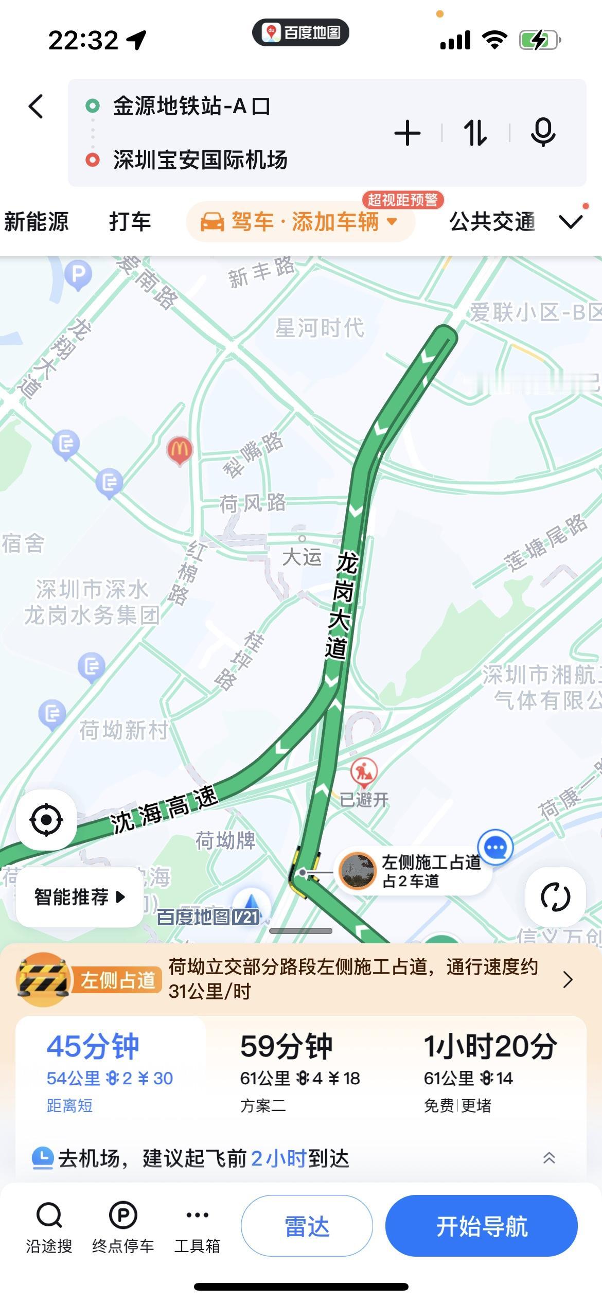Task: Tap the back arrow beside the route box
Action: (36, 107)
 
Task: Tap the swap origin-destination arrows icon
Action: (475, 133)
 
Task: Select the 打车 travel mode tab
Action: (130, 222)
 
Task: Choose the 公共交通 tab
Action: (492, 222)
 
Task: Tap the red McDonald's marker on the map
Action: (179, 450)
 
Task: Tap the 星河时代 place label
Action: (320, 328)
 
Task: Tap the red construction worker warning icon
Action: (364, 771)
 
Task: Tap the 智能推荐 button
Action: (79, 897)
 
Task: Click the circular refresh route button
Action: (555, 897)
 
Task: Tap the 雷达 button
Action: (307, 1226)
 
